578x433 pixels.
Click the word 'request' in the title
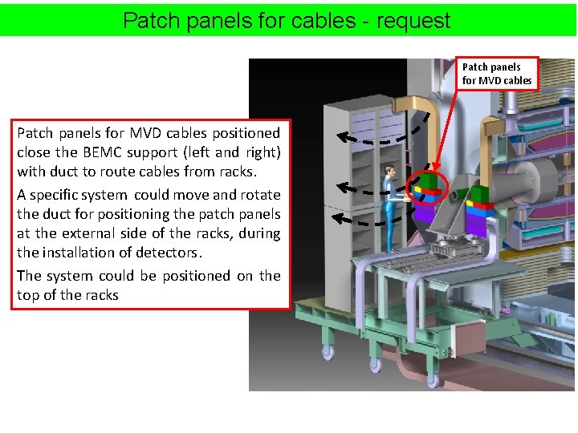[x=413, y=20]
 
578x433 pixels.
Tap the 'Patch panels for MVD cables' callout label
[x=497, y=74]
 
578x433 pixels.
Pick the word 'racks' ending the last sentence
[x=100, y=295]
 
